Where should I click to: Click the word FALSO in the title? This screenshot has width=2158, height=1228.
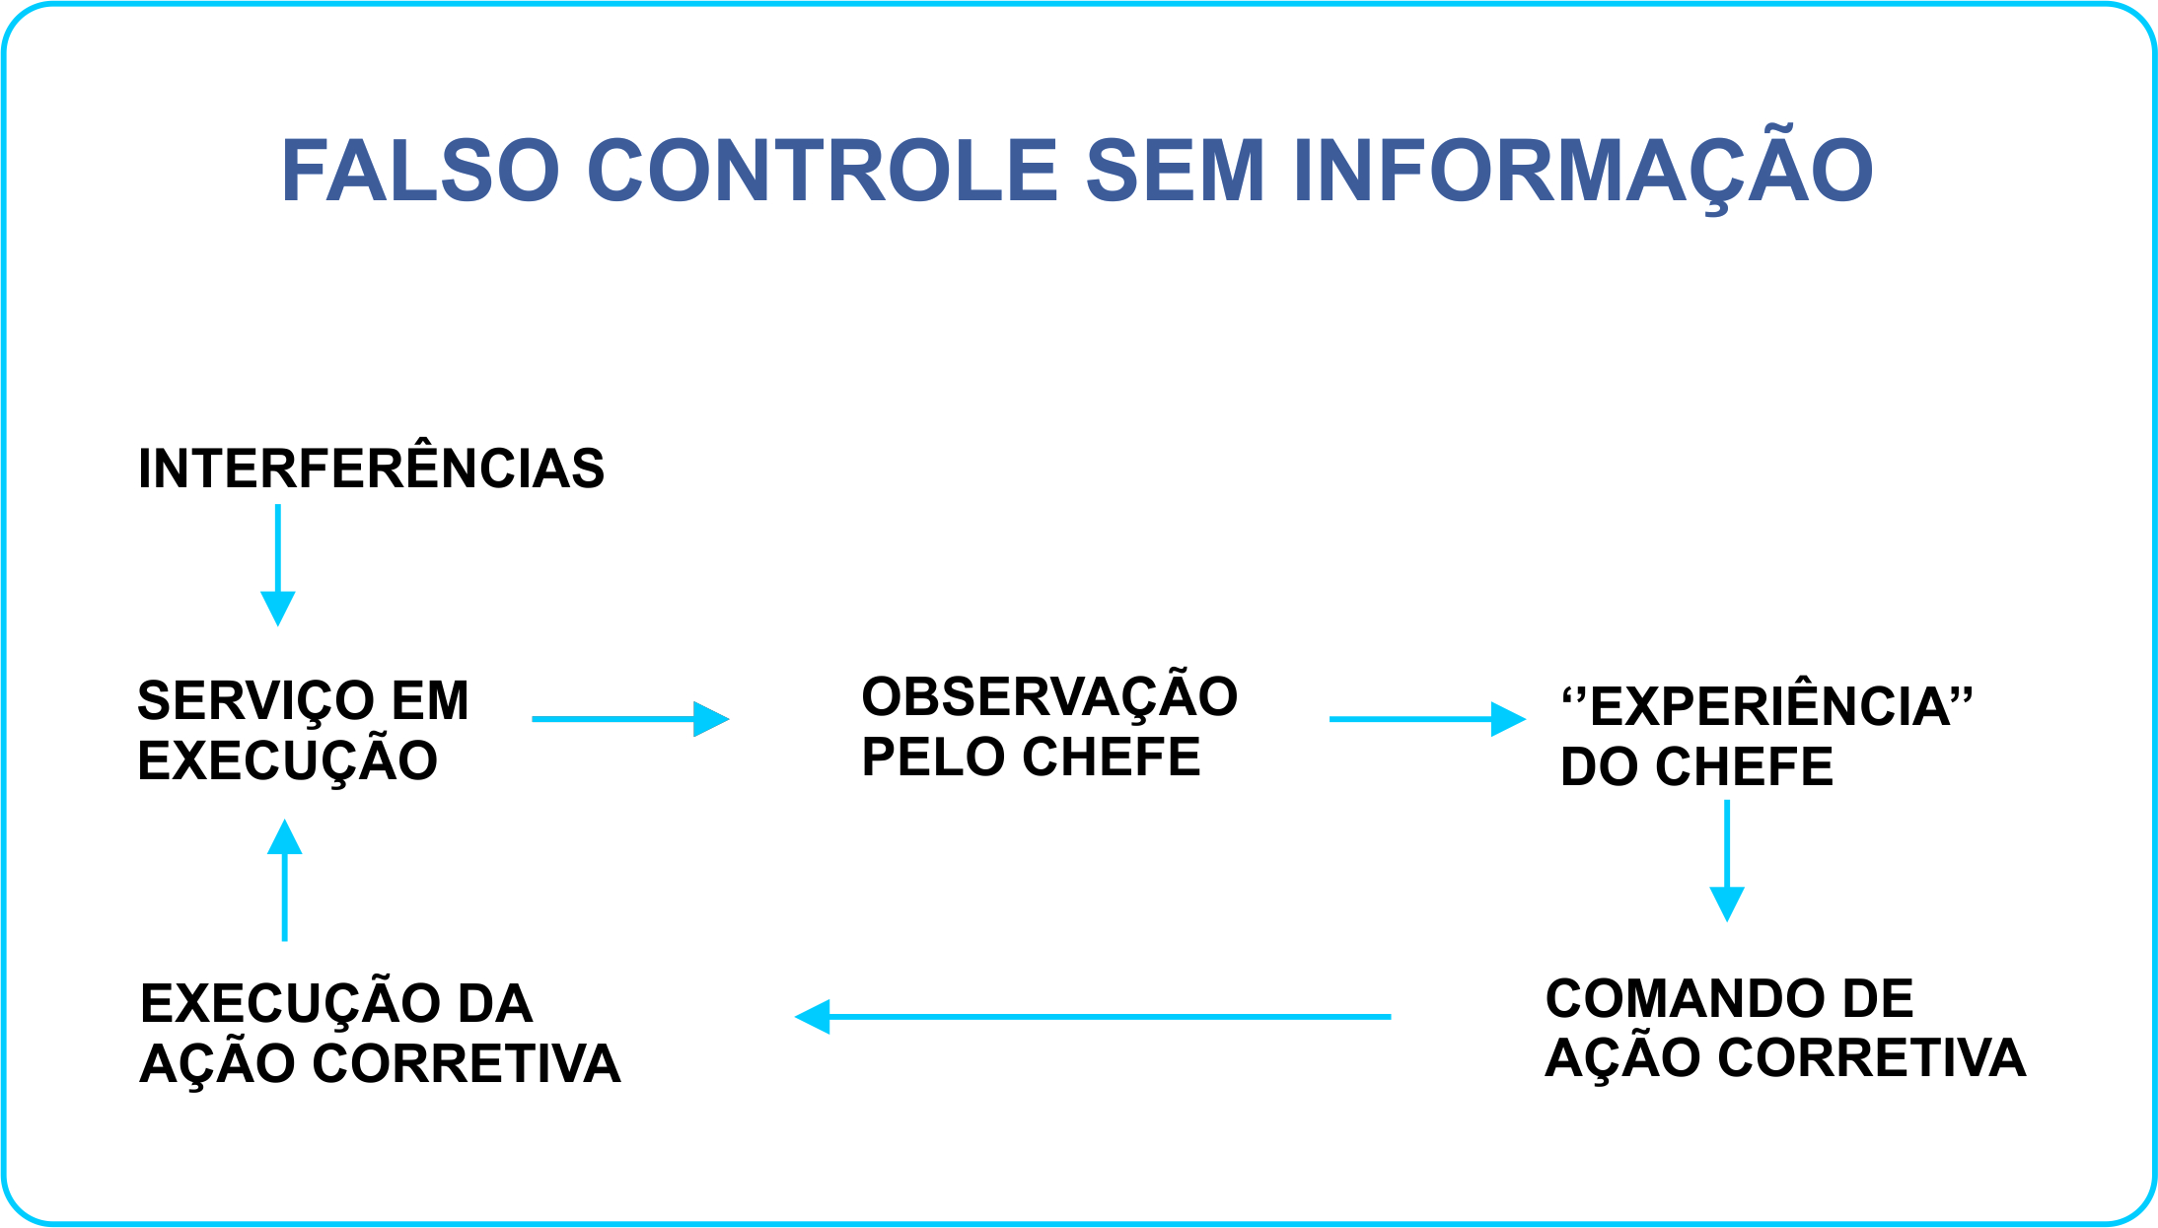[x=420, y=170]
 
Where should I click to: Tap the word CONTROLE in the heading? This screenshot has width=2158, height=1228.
[x=823, y=170]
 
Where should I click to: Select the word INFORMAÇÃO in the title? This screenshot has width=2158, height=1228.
[x=1582, y=170]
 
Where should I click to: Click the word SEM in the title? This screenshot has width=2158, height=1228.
[x=1175, y=170]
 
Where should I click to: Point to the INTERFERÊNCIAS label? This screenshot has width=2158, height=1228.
[x=371, y=469]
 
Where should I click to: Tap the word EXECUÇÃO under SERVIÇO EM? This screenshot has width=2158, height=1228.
[x=287, y=761]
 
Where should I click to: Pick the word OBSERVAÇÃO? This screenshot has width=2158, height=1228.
[x=1049, y=696]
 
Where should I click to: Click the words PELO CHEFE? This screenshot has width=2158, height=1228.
[x=1031, y=757]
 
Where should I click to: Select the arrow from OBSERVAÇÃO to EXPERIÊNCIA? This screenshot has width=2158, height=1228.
[x=1426, y=719]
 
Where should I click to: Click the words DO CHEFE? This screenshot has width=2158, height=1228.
[x=1696, y=766]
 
